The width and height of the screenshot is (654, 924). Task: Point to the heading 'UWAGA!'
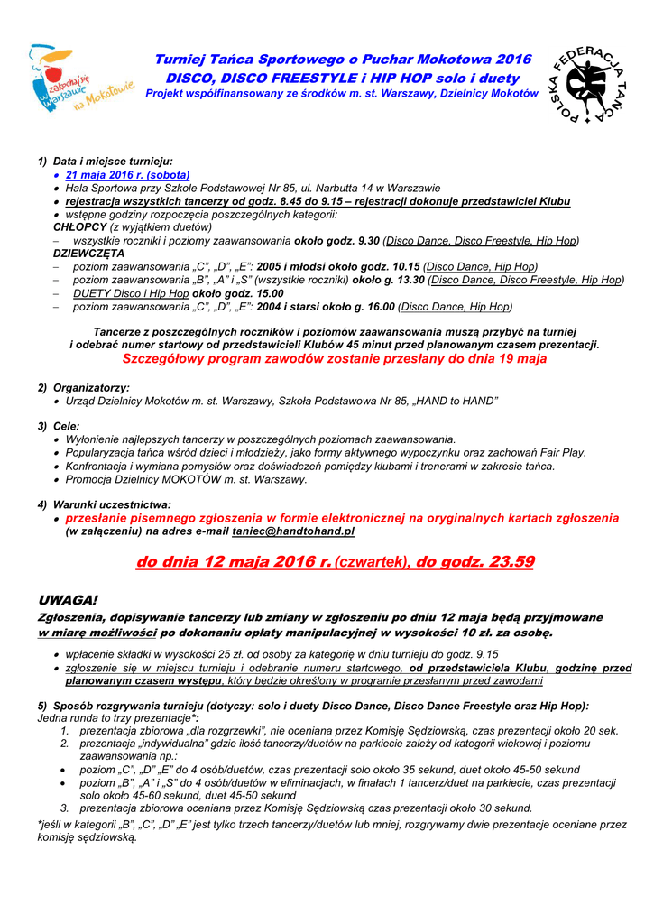(68, 601)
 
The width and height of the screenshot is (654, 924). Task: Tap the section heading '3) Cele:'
(59, 426)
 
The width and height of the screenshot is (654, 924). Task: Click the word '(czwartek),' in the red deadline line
(373, 562)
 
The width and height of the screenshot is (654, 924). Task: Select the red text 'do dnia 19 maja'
(490, 358)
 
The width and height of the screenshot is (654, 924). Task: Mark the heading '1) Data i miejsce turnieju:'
(105, 162)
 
